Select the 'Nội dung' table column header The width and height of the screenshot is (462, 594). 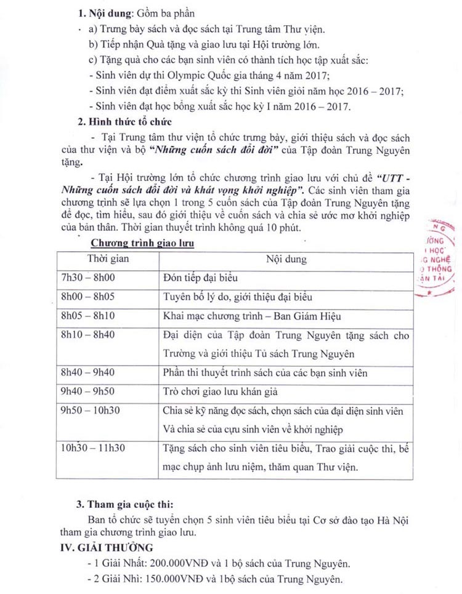coord(286,259)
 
